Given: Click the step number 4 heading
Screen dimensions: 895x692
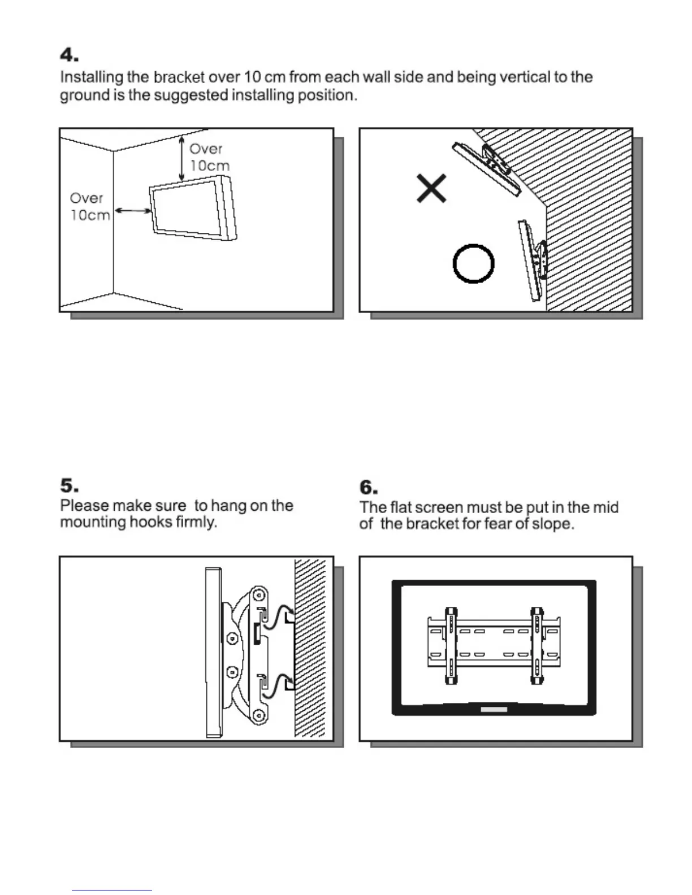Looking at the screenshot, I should pyautogui.click(x=69, y=55).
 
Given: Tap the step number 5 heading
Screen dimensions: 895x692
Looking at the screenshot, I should pyautogui.click(x=69, y=486).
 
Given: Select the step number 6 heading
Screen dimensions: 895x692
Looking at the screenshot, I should pyautogui.click(x=369, y=488).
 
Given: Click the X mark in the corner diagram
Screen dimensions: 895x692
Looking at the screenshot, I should pyautogui.click(x=431, y=188).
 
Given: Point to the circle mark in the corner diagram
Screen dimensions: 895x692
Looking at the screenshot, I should pyautogui.click(x=474, y=264).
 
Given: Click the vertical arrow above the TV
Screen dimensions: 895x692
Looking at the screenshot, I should pyautogui.click(x=181, y=159).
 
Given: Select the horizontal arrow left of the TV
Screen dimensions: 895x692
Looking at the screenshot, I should pyautogui.click(x=133, y=211).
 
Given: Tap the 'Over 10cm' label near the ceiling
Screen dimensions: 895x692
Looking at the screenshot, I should pyautogui.click(x=209, y=157).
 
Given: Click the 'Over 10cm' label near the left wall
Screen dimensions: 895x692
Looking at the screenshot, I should pyautogui.click(x=89, y=206).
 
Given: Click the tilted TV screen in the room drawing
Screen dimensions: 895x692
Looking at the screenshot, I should pyautogui.click(x=192, y=208).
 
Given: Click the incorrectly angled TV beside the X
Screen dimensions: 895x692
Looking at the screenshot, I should pyautogui.click(x=487, y=168).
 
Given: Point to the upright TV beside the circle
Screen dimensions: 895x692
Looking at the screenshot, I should pyautogui.click(x=530, y=260).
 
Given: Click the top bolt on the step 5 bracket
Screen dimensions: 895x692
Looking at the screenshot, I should pyautogui.click(x=258, y=596).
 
